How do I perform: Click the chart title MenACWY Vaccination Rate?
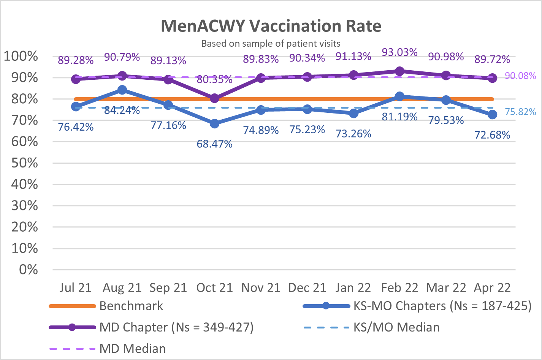pos(271,26)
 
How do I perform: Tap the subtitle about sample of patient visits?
pos(271,44)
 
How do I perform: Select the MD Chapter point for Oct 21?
pos(215,98)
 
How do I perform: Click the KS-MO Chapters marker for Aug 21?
pos(122,90)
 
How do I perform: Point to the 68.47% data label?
pos(214,144)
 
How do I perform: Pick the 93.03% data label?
pos(399,52)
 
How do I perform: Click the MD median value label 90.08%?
pos(520,76)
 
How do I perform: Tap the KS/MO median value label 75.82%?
pos(520,112)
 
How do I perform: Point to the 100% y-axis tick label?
pos(21,56)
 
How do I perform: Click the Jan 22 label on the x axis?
pos(353,287)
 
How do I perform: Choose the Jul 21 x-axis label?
pos(76,287)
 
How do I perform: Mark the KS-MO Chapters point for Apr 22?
pos(492,114)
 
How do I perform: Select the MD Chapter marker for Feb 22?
pos(399,71)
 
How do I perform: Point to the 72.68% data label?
pos(492,135)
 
